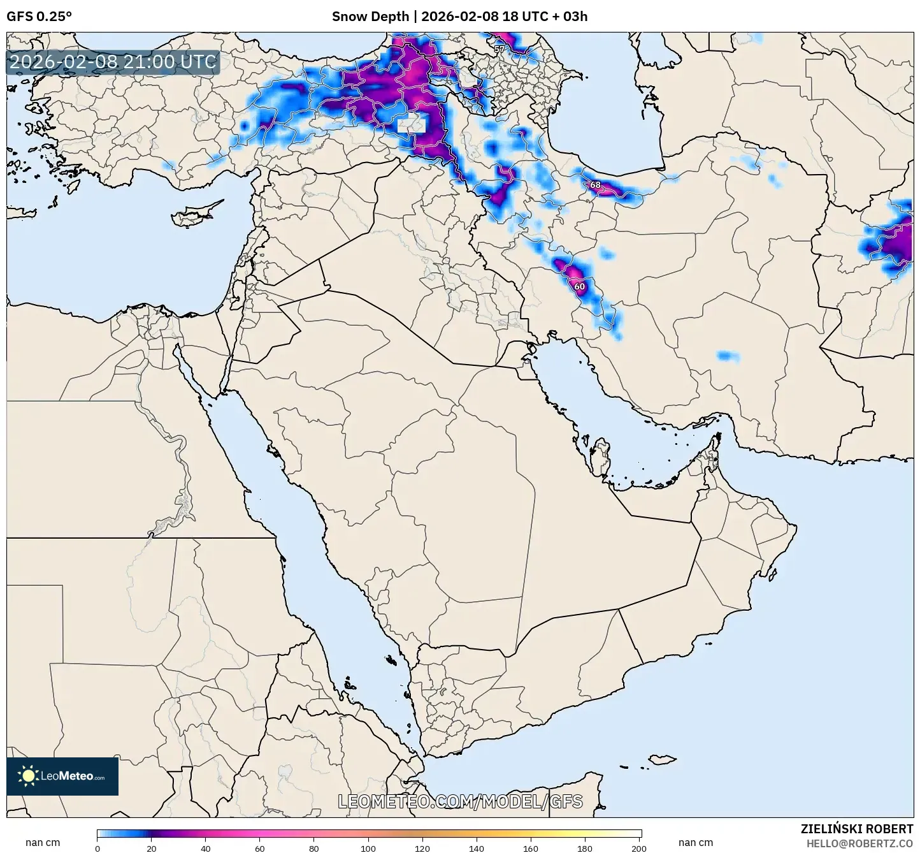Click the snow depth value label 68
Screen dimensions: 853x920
(x=595, y=185)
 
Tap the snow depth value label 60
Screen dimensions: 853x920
(x=579, y=286)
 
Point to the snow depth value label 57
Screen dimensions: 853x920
(x=499, y=49)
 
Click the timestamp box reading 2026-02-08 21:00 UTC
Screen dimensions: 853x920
(x=113, y=62)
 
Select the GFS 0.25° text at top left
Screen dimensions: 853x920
(x=39, y=17)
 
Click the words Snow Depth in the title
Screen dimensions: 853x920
(x=370, y=17)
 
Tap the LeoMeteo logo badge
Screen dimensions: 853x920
(x=62, y=776)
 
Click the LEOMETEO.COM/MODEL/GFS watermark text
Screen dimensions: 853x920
(x=460, y=801)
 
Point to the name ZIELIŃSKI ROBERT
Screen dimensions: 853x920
(x=856, y=829)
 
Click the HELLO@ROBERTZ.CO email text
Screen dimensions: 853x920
(x=859, y=843)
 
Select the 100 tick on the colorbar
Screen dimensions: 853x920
(x=369, y=848)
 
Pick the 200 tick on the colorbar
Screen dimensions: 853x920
(x=639, y=848)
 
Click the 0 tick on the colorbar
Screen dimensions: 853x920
(x=97, y=848)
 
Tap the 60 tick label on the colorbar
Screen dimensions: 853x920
(x=260, y=848)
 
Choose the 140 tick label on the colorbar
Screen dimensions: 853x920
(x=477, y=848)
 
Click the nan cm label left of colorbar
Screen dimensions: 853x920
(x=43, y=843)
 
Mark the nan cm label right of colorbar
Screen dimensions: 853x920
(x=696, y=843)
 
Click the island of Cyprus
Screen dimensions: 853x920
(x=195, y=214)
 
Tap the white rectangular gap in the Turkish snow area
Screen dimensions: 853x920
(x=411, y=124)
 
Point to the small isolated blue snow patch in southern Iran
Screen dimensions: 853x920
(x=728, y=356)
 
